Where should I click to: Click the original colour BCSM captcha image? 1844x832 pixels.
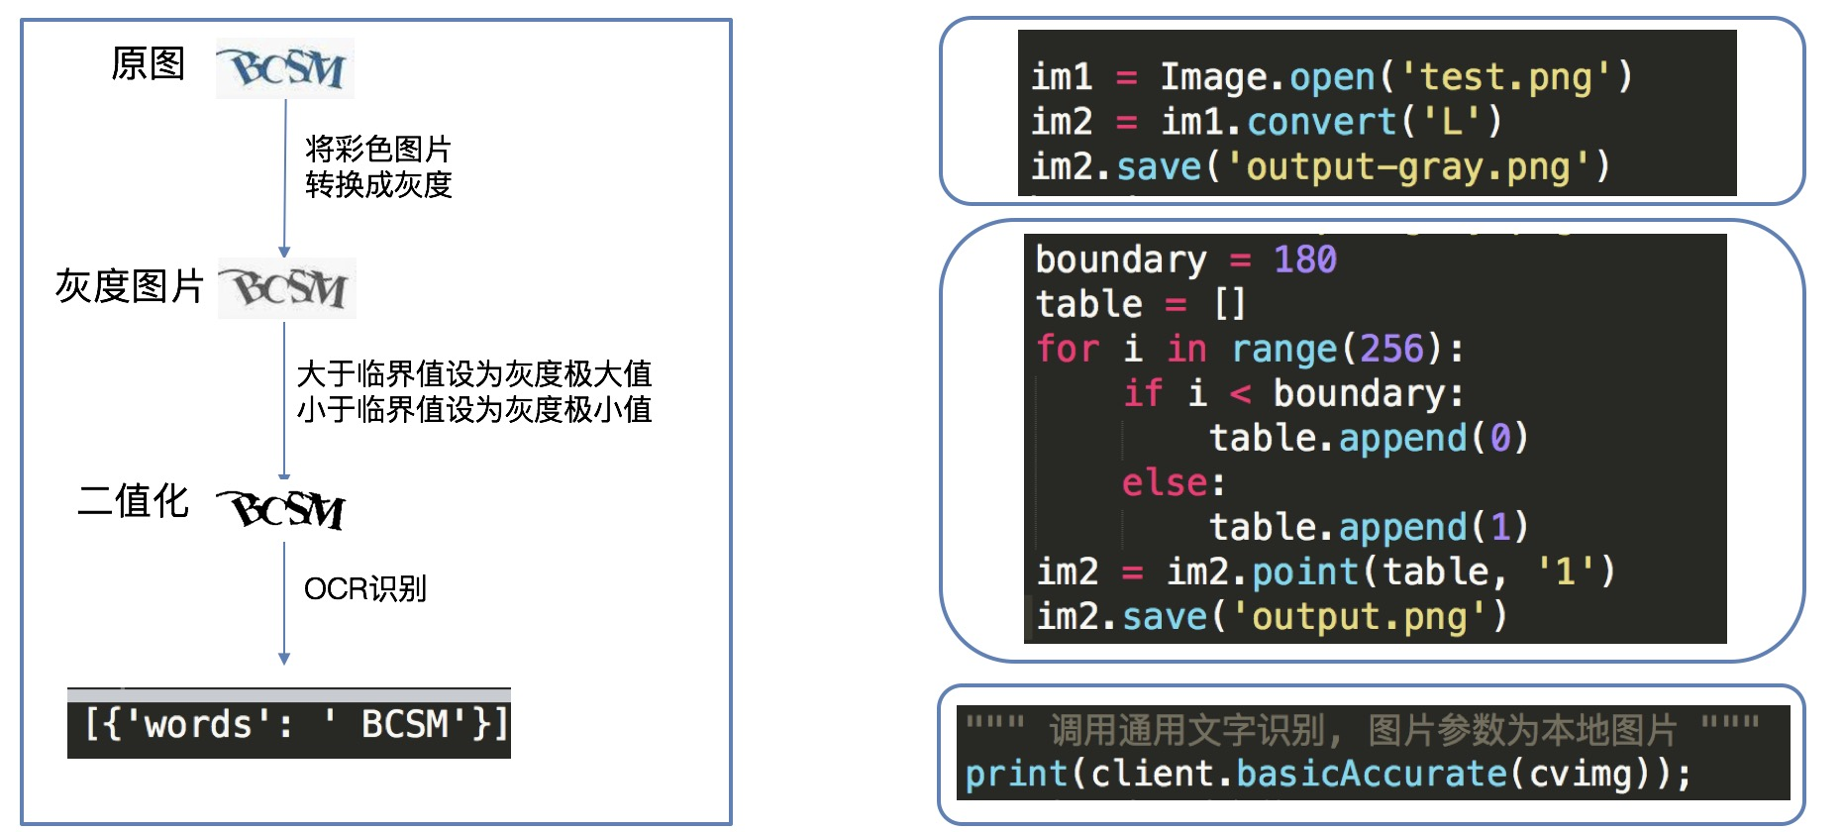pos(285,68)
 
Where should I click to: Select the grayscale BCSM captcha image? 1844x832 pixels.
pos(287,288)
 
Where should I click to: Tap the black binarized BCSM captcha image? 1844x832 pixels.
pos(282,509)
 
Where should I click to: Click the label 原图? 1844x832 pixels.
pos(148,63)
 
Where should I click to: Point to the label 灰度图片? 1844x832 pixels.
pos(129,286)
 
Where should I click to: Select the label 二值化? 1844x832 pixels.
pos(133,501)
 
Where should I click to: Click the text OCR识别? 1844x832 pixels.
pos(364,588)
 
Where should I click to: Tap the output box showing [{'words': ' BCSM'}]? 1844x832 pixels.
pos(289,724)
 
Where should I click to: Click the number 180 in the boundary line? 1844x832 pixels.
pos(1304,260)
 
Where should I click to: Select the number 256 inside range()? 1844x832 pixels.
pos(1391,349)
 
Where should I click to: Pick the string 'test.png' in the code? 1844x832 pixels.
pos(1506,76)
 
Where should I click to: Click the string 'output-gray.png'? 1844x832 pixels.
pos(1407,166)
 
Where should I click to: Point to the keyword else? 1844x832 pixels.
pos(1165,482)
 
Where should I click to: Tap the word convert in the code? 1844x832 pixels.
pos(1321,122)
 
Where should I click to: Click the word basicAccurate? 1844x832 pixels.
pos(1372,773)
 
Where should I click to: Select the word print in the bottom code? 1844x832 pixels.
pos(1016,773)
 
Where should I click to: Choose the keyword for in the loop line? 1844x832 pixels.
pos(1068,349)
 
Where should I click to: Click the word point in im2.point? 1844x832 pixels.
pos(1304,572)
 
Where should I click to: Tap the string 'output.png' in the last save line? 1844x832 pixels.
pos(1360,616)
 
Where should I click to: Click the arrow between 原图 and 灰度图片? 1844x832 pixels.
pos(284,178)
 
